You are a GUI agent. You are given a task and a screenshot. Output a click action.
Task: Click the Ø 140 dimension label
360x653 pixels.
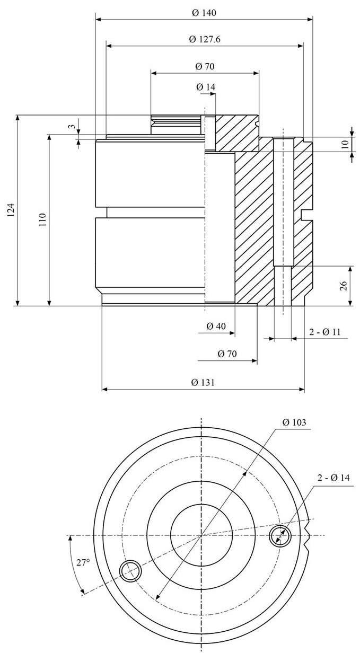[204, 13]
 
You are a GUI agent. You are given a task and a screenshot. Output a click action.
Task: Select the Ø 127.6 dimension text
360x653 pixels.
[204, 39]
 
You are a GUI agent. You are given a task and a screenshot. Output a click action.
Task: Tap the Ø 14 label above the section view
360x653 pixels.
[206, 87]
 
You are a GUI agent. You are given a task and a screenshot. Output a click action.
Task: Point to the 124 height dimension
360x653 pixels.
[11, 210]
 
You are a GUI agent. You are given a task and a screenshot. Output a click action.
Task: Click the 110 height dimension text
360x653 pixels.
[42, 220]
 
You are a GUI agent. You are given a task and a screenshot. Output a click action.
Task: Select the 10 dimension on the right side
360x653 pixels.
[345, 144]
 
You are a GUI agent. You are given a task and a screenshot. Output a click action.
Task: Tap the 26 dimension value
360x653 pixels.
[344, 286]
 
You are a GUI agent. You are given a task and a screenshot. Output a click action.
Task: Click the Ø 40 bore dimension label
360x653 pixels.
[216, 326]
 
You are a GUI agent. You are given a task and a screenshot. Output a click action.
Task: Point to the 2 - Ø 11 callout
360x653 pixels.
[324, 332]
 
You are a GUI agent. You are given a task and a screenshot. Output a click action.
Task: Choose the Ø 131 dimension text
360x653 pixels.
[203, 382]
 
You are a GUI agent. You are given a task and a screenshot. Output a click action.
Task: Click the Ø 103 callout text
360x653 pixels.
[294, 422]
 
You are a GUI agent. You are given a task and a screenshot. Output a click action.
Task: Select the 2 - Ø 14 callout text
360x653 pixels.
[333, 478]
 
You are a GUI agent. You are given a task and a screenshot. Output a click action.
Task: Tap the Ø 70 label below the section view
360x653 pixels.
[227, 354]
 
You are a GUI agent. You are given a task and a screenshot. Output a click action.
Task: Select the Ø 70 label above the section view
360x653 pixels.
[205, 66]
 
